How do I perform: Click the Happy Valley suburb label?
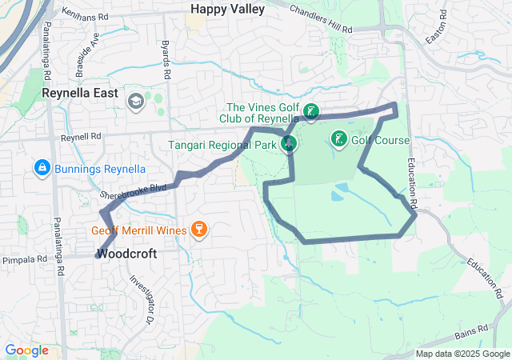click(x=223, y=8)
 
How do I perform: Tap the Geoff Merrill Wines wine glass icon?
click(x=198, y=231)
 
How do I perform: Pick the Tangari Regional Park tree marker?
click(x=290, y=144)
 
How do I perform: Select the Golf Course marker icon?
click(x=338, y=139)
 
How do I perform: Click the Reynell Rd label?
click(x=82, y=138)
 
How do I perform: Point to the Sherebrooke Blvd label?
click(x=133, y=190)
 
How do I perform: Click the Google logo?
click(x=26, y=350)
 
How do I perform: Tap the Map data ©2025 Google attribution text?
click(x=463, y=354)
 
